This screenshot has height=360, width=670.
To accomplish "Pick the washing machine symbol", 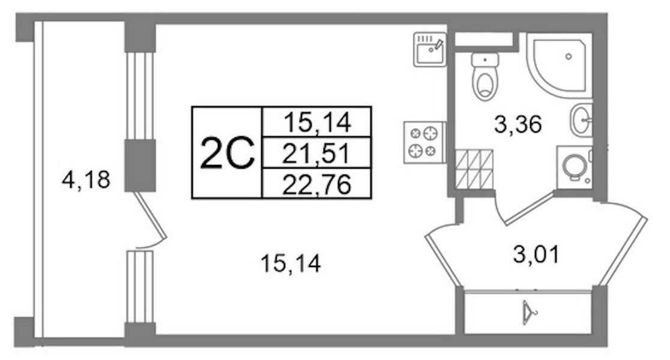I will pos(575,164).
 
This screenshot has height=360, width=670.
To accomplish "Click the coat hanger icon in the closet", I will pos(528,310).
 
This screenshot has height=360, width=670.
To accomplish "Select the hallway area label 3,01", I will pos(536,254).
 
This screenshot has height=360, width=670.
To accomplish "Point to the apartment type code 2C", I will pos(228,154).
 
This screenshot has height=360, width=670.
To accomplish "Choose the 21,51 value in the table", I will pos(317,154).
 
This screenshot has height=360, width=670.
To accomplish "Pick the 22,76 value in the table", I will pos(317,184).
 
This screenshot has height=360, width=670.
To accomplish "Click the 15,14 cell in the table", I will pos(317,124).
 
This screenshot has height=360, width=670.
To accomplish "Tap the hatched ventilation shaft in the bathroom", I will pos(474,169).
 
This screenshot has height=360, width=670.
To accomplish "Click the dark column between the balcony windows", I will pos(140,165).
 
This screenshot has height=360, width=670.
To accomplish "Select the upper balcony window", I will pos(140,96).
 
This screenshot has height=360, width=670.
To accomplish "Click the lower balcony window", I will pos(140,287).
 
